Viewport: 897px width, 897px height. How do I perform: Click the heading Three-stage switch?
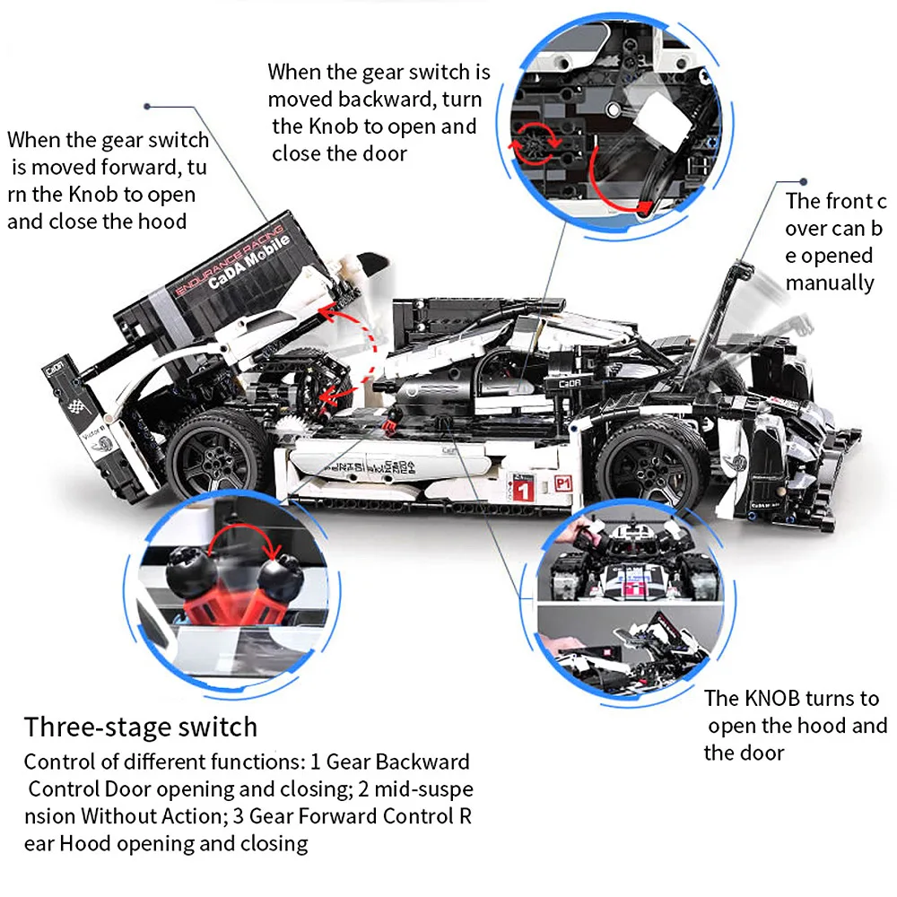tap(140, 727)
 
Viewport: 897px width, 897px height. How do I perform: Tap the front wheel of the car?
tap(653, 464)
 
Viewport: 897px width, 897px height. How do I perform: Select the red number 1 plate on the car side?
tap(522, 488)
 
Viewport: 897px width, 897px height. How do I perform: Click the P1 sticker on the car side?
tap(563, 484)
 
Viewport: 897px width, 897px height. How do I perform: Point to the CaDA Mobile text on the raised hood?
tap(248, 262)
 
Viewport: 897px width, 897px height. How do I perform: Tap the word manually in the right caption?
tap(830, 283)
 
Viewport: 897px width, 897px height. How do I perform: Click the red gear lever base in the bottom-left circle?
tap(236, 606)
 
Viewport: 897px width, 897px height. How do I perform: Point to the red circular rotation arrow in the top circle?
tap(535, 143)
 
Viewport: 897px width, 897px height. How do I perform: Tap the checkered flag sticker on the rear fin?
tap(76, 406)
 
